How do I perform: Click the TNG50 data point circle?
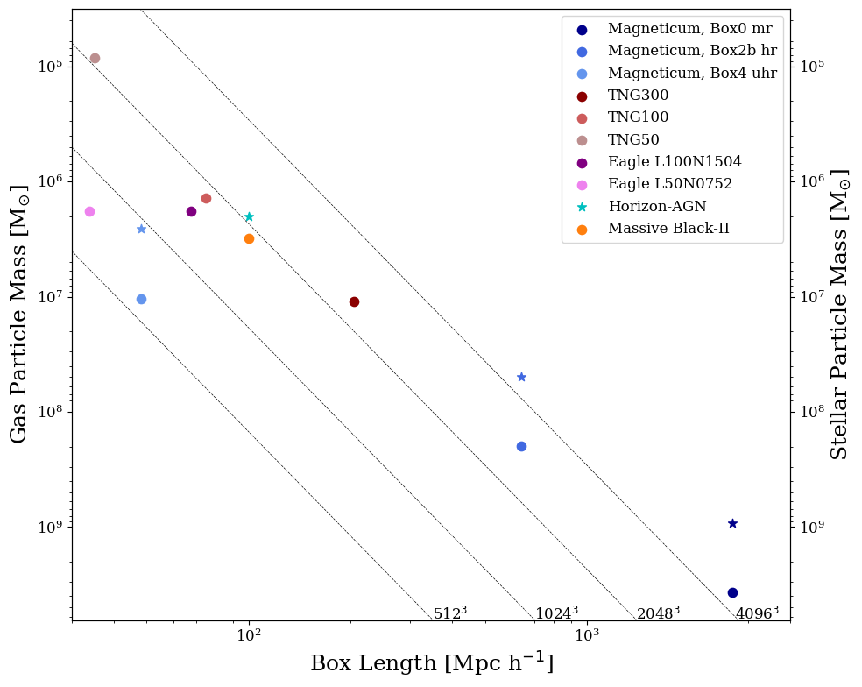pos(95,58)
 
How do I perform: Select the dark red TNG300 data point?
pos(354,301)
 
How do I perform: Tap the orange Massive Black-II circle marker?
pos(249,238)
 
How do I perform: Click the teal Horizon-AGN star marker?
pos(249,216)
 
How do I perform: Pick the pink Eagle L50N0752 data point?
pos(89,211)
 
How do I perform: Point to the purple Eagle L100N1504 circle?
pos(191,211)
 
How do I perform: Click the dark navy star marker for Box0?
pos(732,523)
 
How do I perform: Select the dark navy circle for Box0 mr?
pos(732,592)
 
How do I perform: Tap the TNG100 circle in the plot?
pos(206,198)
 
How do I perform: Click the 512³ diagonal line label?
pos(450,613)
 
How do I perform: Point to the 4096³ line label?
pos(757,613)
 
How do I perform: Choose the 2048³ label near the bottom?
pos(658,613)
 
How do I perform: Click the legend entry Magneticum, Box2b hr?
pos(691,51)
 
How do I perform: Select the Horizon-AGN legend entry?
pos(656,207)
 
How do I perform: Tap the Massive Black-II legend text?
pos(668,229)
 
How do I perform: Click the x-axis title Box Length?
pos(432,663)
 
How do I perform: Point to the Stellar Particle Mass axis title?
pos(839,314)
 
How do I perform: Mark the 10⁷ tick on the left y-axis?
pos(50,296)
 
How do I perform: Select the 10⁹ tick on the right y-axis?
pos(812,527)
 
